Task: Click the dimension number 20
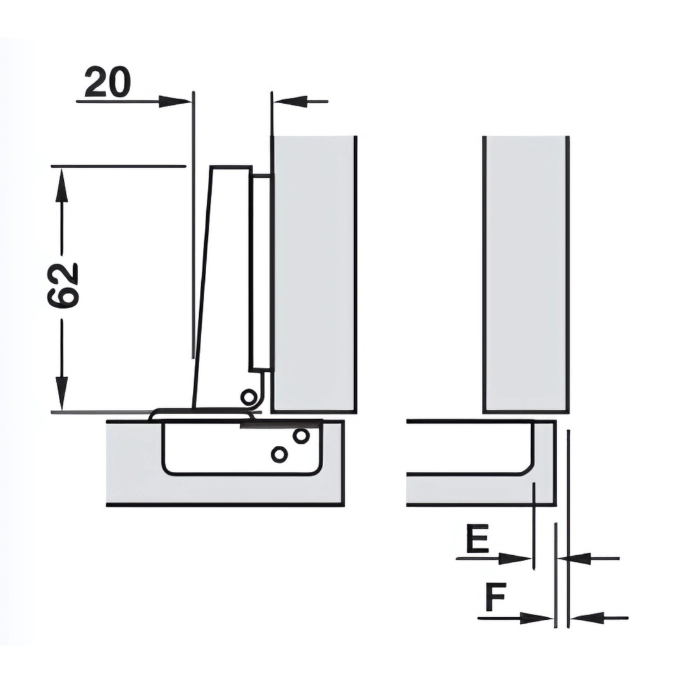point(108,82)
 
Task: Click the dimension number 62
point(62,285)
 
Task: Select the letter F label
point(496,598)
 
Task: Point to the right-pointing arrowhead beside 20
point(175,102)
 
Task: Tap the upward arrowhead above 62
point(62,185)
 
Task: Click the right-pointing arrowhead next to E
point(515,559)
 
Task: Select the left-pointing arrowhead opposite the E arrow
point(574,558)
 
